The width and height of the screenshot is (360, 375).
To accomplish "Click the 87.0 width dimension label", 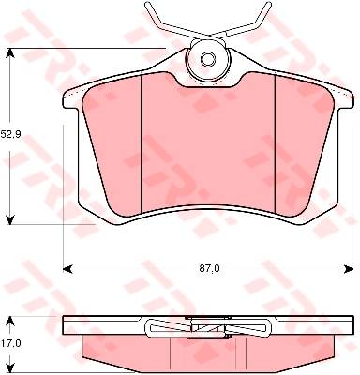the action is pos(210,268).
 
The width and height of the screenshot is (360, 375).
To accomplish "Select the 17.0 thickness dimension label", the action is pos(10,343).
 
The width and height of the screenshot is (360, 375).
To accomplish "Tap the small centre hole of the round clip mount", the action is pos(206,58).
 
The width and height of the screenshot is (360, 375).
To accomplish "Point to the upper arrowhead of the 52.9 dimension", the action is pos(10,53).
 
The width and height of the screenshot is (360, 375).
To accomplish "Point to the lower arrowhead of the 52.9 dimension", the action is pos(10,219).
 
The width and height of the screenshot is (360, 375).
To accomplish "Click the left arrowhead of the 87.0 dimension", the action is pos(67,269).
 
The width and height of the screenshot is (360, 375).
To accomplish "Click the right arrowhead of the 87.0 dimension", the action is pos(349,269).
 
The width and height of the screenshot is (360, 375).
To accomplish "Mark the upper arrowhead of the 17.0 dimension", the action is pos(10,321).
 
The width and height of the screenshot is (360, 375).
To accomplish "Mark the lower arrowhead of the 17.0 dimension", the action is pos(10,367).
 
